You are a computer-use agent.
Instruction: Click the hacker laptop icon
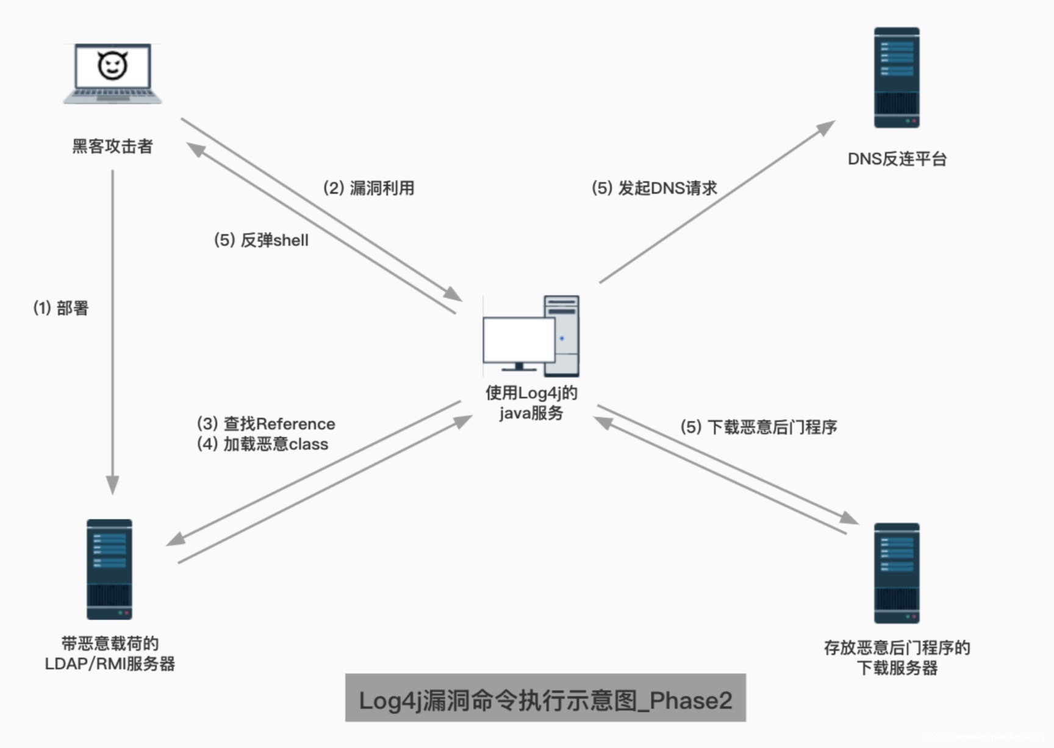[113, 74]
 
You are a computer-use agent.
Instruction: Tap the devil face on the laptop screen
[113, 65]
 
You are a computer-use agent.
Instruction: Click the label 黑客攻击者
[112, 146]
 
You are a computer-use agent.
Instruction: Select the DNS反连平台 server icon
[896, 77]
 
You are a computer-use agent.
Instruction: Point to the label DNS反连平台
[897, 159]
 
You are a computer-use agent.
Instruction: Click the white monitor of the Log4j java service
[518, 340]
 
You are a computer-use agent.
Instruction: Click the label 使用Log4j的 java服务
[531, 403]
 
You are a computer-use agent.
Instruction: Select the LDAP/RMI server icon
[109, 569]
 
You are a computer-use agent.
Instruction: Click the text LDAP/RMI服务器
[110, 664]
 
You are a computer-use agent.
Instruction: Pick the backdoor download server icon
[896, 573]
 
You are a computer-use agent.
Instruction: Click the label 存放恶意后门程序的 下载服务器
[897, 658]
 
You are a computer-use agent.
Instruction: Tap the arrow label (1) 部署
[61, 308]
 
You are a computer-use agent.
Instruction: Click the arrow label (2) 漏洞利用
[368, 188]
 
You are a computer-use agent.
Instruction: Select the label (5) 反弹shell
[261, 240]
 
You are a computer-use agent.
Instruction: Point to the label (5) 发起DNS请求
[654, 188]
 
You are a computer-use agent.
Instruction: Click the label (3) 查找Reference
[266, 423]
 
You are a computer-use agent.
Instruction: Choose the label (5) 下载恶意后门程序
[758, 427]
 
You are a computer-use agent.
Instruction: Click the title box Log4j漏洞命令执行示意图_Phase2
[545, 698]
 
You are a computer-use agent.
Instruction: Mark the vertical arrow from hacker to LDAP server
[113, 329]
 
